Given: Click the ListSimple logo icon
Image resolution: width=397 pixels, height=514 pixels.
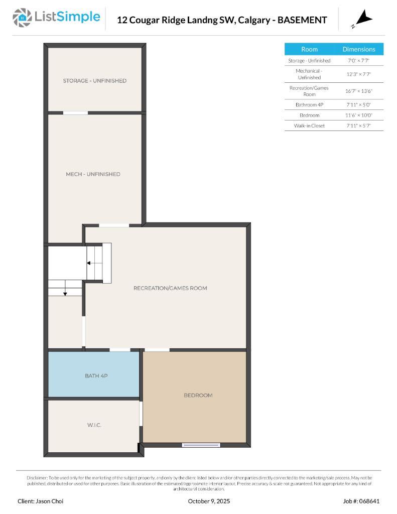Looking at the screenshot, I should (22, 18).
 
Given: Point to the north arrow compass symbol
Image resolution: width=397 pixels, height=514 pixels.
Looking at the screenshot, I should (362, 20).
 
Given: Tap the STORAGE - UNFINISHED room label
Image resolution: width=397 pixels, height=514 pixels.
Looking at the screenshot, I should (94, 81).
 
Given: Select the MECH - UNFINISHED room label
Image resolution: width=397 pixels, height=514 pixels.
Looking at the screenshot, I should (93, 174).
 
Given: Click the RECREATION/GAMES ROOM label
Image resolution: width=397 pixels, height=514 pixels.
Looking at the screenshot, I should (170, 288).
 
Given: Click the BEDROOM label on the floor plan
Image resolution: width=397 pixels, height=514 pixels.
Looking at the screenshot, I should (198, 396).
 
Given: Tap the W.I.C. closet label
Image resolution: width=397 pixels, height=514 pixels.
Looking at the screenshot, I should (94, 425).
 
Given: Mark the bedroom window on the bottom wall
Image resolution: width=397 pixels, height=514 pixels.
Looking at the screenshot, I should (201, 445).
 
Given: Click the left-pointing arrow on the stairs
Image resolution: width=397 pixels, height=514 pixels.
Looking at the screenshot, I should (89, 263).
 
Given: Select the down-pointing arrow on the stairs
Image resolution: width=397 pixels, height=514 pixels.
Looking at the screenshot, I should (65, 293).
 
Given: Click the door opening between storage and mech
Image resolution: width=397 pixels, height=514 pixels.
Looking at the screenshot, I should (75, 112).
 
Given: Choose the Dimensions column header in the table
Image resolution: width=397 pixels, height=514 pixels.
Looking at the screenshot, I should (358, 49).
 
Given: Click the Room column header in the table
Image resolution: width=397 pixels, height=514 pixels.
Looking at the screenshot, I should (309, 49).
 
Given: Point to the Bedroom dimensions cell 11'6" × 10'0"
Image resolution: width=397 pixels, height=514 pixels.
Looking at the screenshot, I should (359, 115).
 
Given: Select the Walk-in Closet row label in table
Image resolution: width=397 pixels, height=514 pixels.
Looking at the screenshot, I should (309, 125).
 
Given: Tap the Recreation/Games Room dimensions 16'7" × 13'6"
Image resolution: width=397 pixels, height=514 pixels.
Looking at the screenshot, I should (359, 91).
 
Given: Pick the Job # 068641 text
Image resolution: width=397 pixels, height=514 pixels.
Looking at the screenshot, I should (361, 501).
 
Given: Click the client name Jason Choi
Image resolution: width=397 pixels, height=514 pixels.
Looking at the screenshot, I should (41, 501).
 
